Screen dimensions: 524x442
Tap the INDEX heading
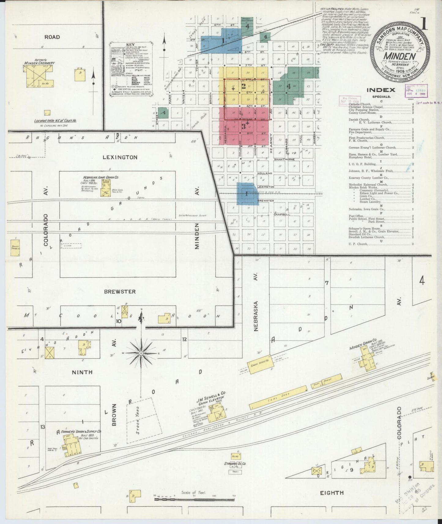click(x=381, y=90)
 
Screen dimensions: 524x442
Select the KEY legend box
click(x=131, y=70)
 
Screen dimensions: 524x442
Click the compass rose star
click(x=141, y=353)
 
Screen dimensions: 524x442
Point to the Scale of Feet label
click(x=193, y=492)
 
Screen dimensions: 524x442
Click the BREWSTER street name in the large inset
click(x=120, y=291)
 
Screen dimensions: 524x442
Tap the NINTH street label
click(x=82, y=372)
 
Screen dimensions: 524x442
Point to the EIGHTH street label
click(x=332, y=493)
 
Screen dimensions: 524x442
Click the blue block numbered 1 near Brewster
click(x=247, y=194)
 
